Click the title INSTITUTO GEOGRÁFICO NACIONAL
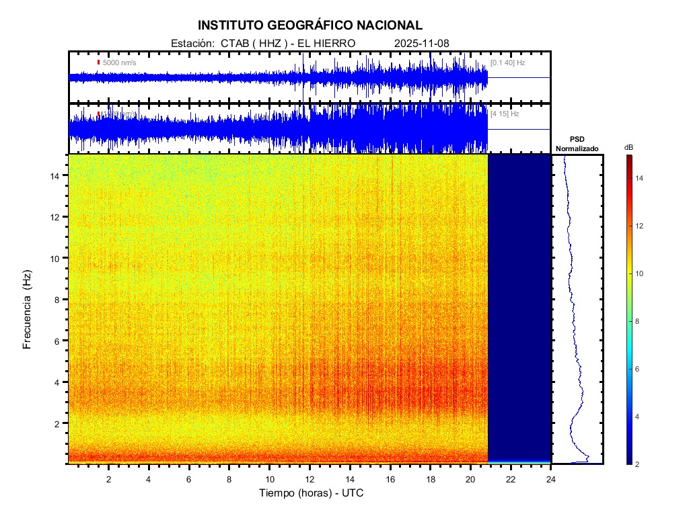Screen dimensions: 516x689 (310, 26)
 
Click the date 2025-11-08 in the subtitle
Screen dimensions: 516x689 (422, 44)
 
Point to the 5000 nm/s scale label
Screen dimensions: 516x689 (120, 62)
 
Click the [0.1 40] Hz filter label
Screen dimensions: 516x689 (508, 62)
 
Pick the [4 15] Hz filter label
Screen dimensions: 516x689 (505, 114)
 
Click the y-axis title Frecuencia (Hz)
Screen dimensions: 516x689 (28, 310)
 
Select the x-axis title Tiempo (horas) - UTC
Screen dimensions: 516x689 (312, 493)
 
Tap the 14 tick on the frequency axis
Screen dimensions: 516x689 (57, 175)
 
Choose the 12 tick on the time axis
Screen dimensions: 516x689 (310, 478)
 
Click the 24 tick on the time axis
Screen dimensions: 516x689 (551, 478)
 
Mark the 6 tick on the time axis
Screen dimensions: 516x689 (189, 478)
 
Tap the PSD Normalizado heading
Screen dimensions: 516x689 (577, 144)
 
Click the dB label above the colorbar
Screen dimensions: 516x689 (628, 147)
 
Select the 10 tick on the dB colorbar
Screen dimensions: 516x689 (641, 274)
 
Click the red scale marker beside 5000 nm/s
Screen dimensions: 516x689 (98, 62)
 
